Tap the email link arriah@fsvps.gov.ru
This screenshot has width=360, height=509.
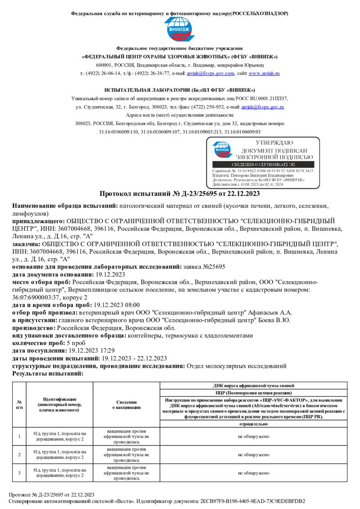pos(262,107)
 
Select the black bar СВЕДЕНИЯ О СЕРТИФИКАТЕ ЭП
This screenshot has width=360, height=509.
pos(263,165)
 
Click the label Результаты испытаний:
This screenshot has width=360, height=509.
pos(48,373)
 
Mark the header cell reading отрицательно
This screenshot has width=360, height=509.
pos(255,424)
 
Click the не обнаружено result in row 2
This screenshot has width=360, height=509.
pos(255,455)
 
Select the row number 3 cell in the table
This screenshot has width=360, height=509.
pos(19,473)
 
